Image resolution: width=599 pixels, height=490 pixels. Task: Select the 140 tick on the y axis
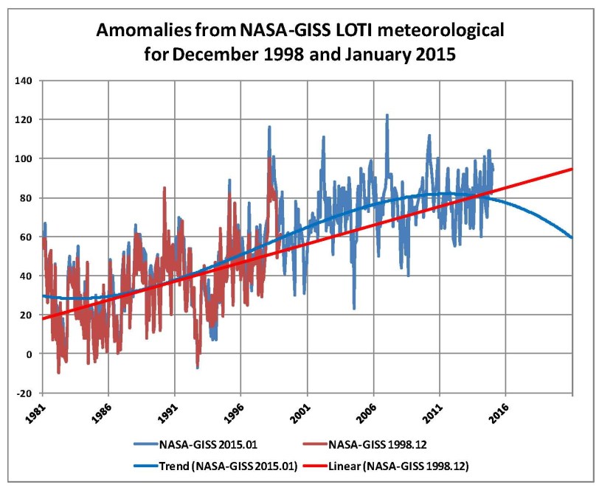coord(26,80)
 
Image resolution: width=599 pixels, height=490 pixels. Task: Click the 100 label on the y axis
coord(26,158)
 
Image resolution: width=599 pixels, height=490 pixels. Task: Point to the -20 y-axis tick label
coord(26,393)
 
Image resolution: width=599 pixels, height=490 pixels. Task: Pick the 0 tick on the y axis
coord(31,354)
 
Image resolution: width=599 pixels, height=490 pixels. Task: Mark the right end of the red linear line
coord(572,169)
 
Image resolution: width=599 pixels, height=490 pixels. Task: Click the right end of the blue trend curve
coord(572,237)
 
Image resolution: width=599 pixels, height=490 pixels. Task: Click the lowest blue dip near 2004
coord(354,308)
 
